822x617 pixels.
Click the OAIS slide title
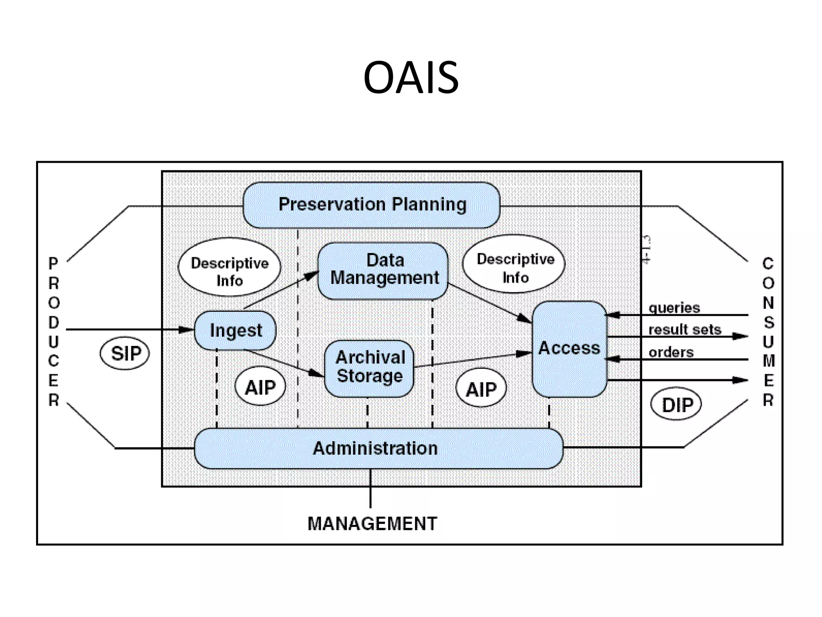pyautogui.click(x=411, y=77)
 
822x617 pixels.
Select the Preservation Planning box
pyautogui.click(x=372, y=205)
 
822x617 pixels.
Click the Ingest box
pyautogui.click(x=236, y=331)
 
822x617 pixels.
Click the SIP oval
pyautogui.click(x=125, y=353)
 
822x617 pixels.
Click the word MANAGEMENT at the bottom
pyautogui.click(x=372, y=524)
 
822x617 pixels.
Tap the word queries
pyautogui.click(x=674, y=308)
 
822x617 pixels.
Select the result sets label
pyautogui.click(x=684, y=330)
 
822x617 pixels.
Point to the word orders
pyautogui.click(x=671, y=352)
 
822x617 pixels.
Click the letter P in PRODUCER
pyautogui.click(x=53, y=264)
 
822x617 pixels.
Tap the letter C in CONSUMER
pyautogui.click(x=768, y=264)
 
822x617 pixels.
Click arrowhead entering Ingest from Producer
pyautogui.click(x=187, y=330)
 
